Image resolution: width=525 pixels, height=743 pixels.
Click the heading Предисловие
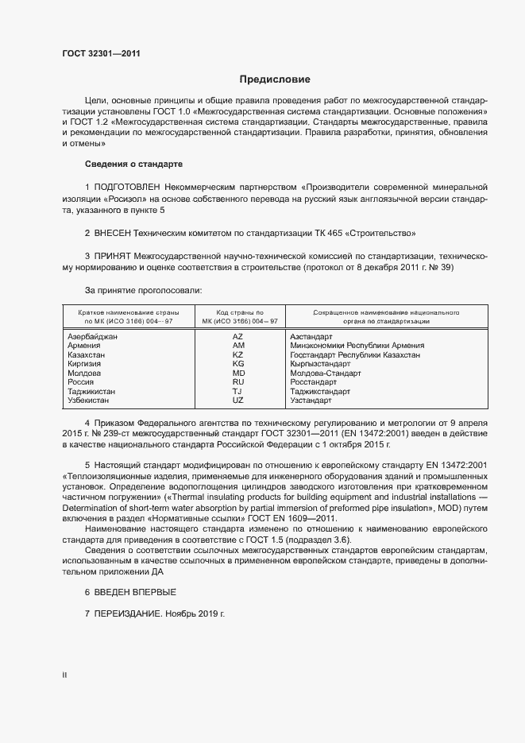click(x=276, y=79)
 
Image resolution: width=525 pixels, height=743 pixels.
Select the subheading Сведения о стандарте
click(x=133, y=164)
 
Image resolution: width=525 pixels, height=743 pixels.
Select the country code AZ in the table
click(x=238, y=337)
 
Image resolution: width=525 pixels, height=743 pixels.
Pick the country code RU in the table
click(x=238, y=382)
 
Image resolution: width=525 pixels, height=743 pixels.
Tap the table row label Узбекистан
click(x=90, y=400)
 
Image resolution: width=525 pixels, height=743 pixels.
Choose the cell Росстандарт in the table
click(x=315, y=382)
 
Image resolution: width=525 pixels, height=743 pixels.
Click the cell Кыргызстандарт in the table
click(x=320, y=364)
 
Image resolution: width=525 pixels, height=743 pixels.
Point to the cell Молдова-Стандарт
click(x=326, y=373)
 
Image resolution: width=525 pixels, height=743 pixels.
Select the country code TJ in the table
click(x=237, y=391)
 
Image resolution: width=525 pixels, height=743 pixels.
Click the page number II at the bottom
click(x=65, y=675)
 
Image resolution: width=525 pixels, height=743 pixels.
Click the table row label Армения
click(x=84, y=346)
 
